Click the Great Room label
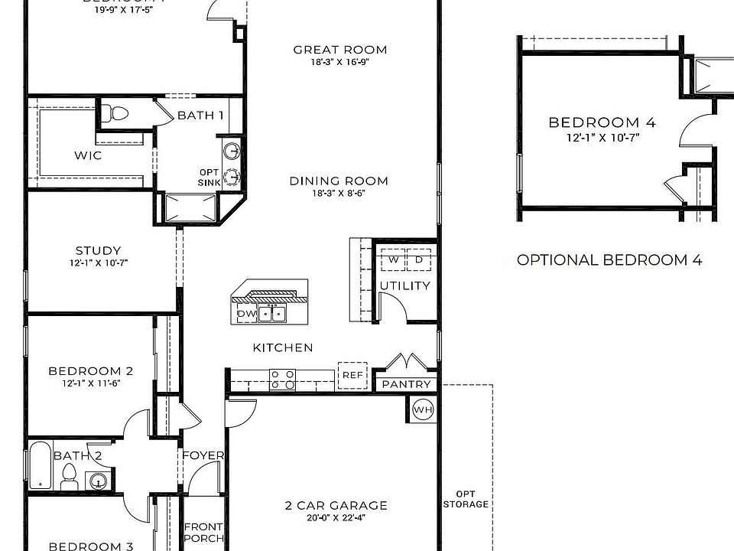(x=340, y=50)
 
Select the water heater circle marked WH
(x=423, y=410)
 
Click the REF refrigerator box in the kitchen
(x=352, y=375)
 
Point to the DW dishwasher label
(x=246, y=314)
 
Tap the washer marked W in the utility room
(x=393, y=260)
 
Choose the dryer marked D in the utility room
(x=419, y=260)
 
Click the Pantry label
(x=406, y=384)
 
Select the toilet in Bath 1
(x=118, y=114)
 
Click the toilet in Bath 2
(x=68, y=479)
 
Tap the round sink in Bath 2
(x=97, y=481)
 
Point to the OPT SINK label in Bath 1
(x=209, y=177)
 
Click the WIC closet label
(x=88, y=155)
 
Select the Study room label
(x=98, y=250)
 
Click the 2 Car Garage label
(x=336, y=505)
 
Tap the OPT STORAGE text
(x=466, y=499)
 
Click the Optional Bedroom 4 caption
(x=609, y=259)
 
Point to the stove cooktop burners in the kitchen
(x=282, y=379)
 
